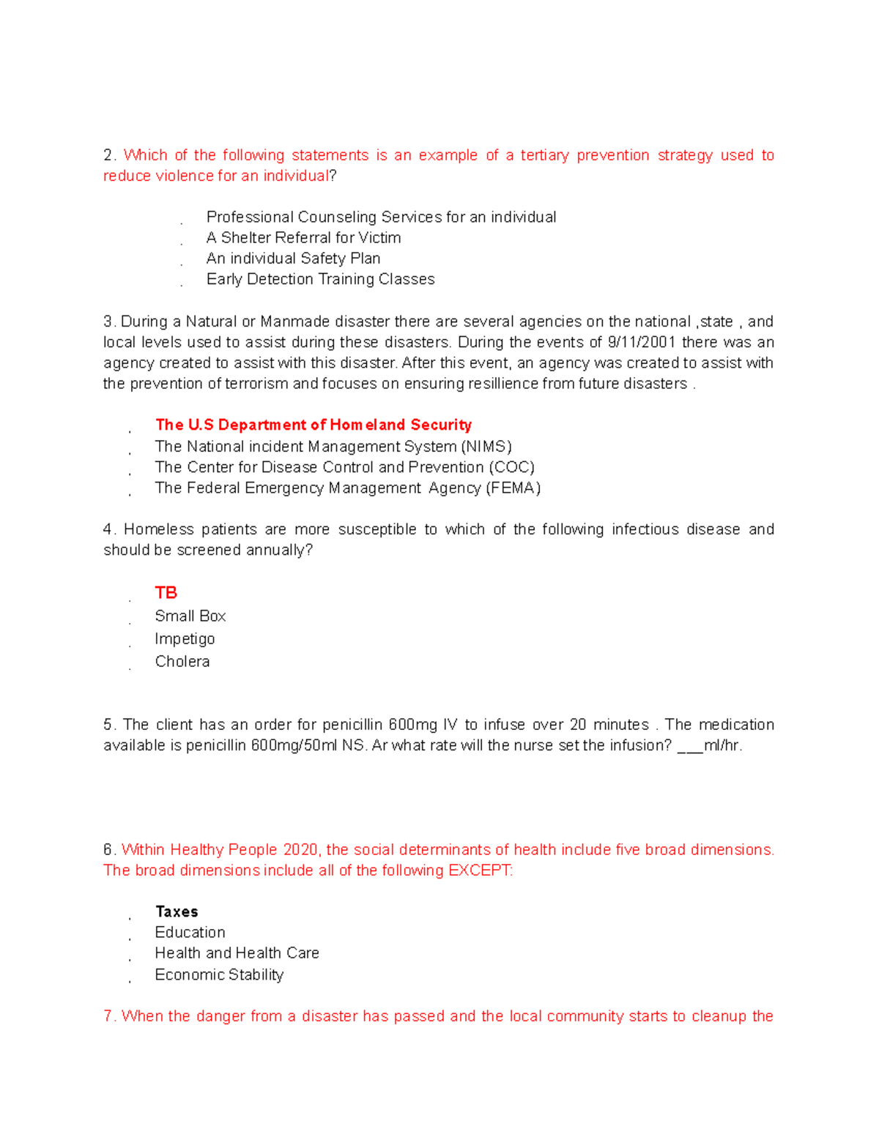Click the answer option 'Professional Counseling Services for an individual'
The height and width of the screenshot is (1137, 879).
tap(381, 217)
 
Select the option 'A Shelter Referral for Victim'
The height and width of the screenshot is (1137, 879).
tap(303, 238)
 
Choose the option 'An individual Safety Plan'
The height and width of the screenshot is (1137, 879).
tap(293, 258)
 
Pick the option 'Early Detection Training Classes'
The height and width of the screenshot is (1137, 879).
tap(320, 279)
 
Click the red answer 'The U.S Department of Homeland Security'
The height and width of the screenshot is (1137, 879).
tap(313, 425)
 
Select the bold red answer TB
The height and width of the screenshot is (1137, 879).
tap(166, 592)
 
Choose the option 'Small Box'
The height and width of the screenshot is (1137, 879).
tap(190, 616)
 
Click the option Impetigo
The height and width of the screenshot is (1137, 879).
tap(185, 639)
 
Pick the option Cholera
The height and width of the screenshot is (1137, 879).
tap(182, 662)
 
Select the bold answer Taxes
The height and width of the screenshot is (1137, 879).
tap(177, 912)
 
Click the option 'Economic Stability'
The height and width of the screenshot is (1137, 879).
tap(219, 975)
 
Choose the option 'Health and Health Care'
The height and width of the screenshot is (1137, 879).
tap(237, 953)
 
